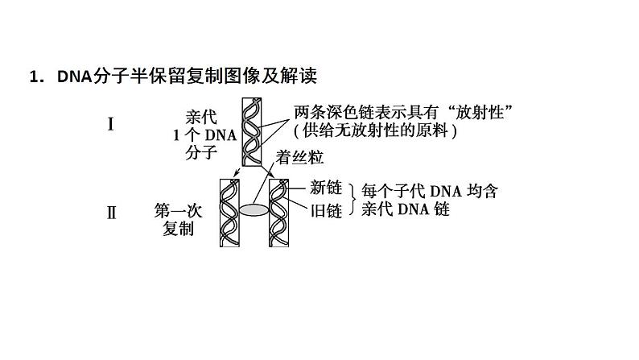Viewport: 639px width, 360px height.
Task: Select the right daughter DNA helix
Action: click(x=278, y=211)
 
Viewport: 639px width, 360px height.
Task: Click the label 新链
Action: click(x=326, y=188)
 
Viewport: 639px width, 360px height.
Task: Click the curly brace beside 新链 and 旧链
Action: click(x=352, y=200)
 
